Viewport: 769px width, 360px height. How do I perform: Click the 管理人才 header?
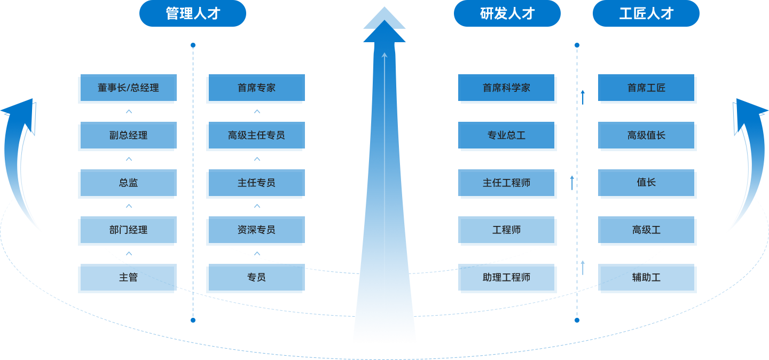[193, 13]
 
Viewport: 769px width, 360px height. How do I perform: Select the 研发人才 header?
[507, 13]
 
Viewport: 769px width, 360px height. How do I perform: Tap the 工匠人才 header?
[646, 13]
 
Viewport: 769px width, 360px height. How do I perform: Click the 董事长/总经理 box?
[128, 88]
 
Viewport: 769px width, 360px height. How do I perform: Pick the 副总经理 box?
[128, 136]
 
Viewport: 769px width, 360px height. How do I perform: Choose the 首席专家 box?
[256, 88]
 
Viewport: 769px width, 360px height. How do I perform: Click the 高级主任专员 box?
[256, 136]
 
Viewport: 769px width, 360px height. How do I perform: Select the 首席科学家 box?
[507, 88]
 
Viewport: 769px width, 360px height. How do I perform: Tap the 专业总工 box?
[507, 136]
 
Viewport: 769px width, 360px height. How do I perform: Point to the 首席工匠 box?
[647, 88]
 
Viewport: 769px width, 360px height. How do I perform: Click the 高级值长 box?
[647, 136]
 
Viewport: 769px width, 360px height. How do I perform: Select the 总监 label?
[128, 183]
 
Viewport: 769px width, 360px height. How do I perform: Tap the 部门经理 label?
[128, 230]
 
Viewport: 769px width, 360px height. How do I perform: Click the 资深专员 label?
[256, 230]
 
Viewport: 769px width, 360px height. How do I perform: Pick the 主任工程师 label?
[506, 183]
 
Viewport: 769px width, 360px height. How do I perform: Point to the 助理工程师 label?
[506, 278]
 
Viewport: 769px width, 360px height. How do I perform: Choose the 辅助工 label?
[646, 278]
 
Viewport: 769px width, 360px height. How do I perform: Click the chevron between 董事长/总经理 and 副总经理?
[129, 112]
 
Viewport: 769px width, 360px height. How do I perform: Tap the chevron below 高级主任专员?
[257, 159]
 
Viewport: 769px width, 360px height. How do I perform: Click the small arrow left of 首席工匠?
[583, 97]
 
